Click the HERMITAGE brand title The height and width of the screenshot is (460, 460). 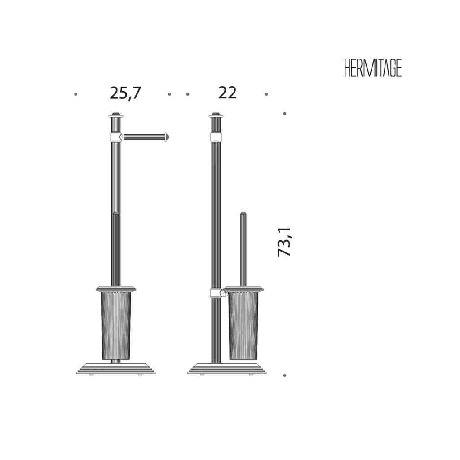coord(373,69)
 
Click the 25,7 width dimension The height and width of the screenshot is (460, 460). coord(126,93)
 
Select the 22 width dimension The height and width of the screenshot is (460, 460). coord(227,93)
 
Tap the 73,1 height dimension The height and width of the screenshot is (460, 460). coord(284,242)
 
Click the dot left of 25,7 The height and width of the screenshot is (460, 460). coord(75,94)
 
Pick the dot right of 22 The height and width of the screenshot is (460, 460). coord(266,94)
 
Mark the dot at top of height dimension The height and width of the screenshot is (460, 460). coord(284,114)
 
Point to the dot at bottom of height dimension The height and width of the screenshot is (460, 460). coord(284,375)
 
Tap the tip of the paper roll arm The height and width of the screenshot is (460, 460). coord(169,137)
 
